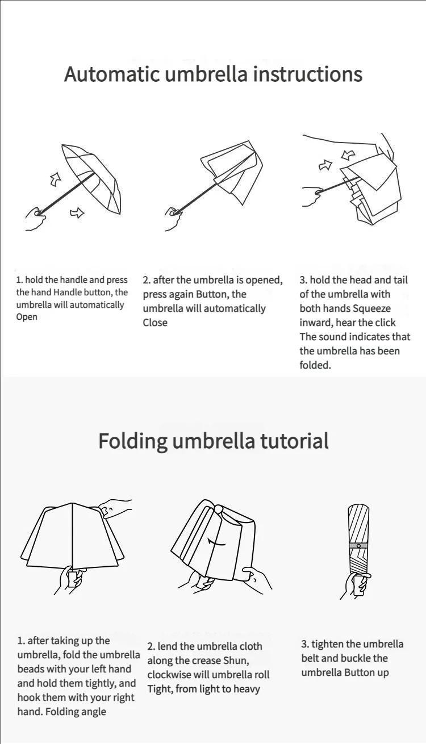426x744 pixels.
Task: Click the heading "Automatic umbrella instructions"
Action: (213, 74)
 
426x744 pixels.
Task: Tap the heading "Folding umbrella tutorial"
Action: (213, 441)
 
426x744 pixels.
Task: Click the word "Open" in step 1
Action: (27, 317)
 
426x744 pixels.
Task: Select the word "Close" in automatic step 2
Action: (155, 323)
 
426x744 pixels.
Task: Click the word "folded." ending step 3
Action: (315, 365)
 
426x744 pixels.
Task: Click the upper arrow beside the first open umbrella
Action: (56, 179)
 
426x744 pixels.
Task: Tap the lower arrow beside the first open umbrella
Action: (77, 213)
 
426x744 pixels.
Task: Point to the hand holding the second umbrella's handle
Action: (173, 219)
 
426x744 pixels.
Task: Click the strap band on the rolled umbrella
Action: (358, 545)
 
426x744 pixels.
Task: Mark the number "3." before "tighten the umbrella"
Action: (305, 644)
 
